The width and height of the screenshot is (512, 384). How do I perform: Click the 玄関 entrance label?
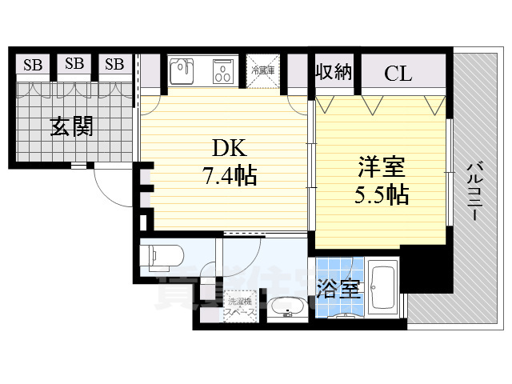click(71, 126)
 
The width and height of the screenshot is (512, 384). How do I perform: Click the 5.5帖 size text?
click(381, 194)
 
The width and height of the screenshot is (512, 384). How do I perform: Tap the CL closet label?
click(398, 74)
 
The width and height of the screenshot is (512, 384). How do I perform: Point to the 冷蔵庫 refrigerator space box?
click(263, 70)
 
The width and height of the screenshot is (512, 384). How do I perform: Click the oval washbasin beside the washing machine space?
click(285, 307)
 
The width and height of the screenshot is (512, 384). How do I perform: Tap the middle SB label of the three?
click(74, 64)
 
